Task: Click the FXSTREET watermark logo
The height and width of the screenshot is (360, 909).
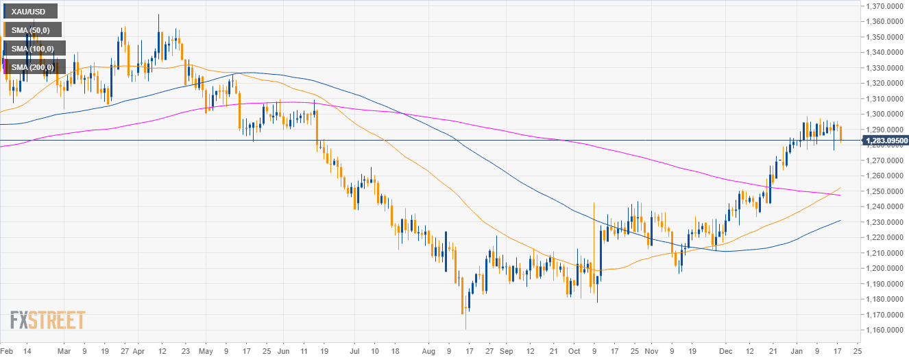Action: [x=47, y=320]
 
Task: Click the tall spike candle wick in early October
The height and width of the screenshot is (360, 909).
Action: [x=594, y=233]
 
